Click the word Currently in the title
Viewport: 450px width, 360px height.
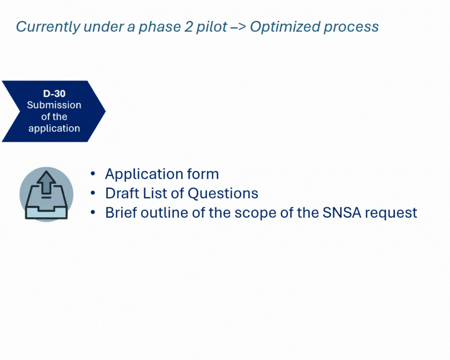tap(48, 27)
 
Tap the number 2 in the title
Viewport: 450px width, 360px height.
tap(188, 27)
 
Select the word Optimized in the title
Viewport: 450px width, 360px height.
tap(285, 27)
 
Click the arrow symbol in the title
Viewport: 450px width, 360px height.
tap(238, 27)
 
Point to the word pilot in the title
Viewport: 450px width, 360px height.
tap(212, 27)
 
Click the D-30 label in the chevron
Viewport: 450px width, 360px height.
tap(54, 93)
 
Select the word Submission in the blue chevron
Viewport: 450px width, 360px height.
tap(54, 105)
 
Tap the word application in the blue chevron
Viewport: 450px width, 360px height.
tap(54, 128)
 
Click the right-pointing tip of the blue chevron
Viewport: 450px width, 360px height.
tap(106, 111)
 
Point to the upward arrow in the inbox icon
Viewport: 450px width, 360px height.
tap(46, 183)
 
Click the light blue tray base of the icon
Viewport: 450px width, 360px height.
tap(46, 213)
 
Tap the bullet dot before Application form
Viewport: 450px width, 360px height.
tap(93, 174)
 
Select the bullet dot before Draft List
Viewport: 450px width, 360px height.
tap(93, 193)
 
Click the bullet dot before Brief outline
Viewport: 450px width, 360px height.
tap(93, 213)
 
